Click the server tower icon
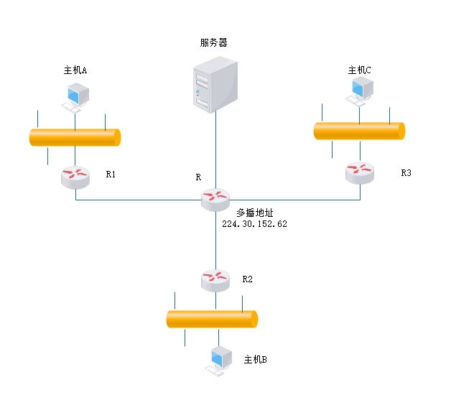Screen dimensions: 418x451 pos(215,86)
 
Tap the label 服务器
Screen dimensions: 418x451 pos(213,42)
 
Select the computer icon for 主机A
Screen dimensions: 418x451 pos(75,97)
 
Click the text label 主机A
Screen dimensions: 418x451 pos(75,70)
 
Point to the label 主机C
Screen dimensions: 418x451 pos(360,70)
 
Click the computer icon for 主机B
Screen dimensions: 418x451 pos(219,361)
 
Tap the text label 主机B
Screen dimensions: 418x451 pos(255,359)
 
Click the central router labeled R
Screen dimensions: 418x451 pos(215,199)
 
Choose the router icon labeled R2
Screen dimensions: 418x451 pos(215,279)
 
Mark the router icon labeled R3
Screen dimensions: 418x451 pos(359,172)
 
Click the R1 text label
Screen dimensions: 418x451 pos(111,175)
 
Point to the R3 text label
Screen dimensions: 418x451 pos(406,173)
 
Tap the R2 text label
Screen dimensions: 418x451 pos(248,279)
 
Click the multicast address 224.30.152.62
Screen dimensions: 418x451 pos(255,224)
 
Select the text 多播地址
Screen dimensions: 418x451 pos(254,213)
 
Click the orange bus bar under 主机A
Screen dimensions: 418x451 pos(75,137)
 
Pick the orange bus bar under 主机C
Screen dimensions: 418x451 pos(359,131)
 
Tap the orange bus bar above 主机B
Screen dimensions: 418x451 pos(212,319)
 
